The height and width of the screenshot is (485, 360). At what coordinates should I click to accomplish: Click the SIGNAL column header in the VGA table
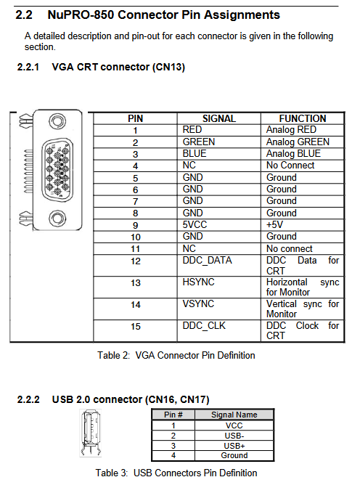pos(219,118)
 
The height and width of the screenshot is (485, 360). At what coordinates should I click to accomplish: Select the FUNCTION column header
pos(303,118)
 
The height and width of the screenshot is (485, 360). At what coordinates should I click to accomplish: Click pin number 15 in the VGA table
pos(136,327)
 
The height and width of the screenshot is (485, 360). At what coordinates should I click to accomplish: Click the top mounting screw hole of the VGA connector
pos(57,121)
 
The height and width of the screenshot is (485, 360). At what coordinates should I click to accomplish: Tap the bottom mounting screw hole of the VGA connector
pos(57,219)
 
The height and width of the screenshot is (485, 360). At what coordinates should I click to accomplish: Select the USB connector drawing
pos(91,433)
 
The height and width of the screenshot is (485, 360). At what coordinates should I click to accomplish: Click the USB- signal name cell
pos(234,436)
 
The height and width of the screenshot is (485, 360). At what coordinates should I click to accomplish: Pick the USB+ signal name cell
pos(234,446)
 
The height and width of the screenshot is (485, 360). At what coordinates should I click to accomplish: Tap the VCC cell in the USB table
pos(234,425)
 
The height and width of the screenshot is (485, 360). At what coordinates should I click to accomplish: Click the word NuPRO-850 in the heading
pos(81,15)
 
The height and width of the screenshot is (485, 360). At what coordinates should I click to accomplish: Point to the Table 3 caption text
pos(176,473)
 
